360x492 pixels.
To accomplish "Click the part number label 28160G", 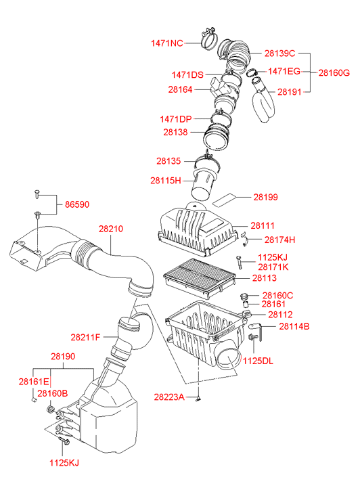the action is pyautogui.click(x=334, y=73).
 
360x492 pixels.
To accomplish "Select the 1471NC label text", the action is pyautogui.click(x=166, y=43).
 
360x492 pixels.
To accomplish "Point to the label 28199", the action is pyautogui.click(x=265, y=197).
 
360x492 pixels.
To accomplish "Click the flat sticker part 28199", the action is pyautogui.click(x=224, y=200).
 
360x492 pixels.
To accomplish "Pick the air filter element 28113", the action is pyautogui.click(x=200, y=278).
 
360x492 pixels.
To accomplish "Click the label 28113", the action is pyautogui.click(x=265, y=278).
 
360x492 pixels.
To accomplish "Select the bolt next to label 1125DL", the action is pyautogui.click(x=253, y=337).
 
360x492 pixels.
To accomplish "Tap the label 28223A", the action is pyautogui.click(x=169, y=397).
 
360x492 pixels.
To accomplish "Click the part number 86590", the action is pyautogui.click(x=77, y=204).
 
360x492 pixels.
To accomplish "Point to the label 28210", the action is pyautogui.click(x=111, y=229).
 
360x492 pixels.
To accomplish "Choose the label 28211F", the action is pyautogui.click(x=85, y=337).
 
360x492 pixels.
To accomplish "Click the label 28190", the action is pyautogui.click(x=63, y=357).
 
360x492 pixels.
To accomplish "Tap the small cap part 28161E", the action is pyautogui.click(x=32, y=400).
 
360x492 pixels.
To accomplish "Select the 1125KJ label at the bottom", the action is pyautogui.click(x=64, y=463).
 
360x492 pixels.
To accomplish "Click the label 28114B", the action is pyautogui.click(x=294, y=326).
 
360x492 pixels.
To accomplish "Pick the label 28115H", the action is pyautogui.click(x=166, y=181).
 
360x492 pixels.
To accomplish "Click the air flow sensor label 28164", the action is pyautogui.click(x=180, y=90).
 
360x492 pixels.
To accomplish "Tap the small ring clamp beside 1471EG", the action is pyautogui.click(x=252, y=73).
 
